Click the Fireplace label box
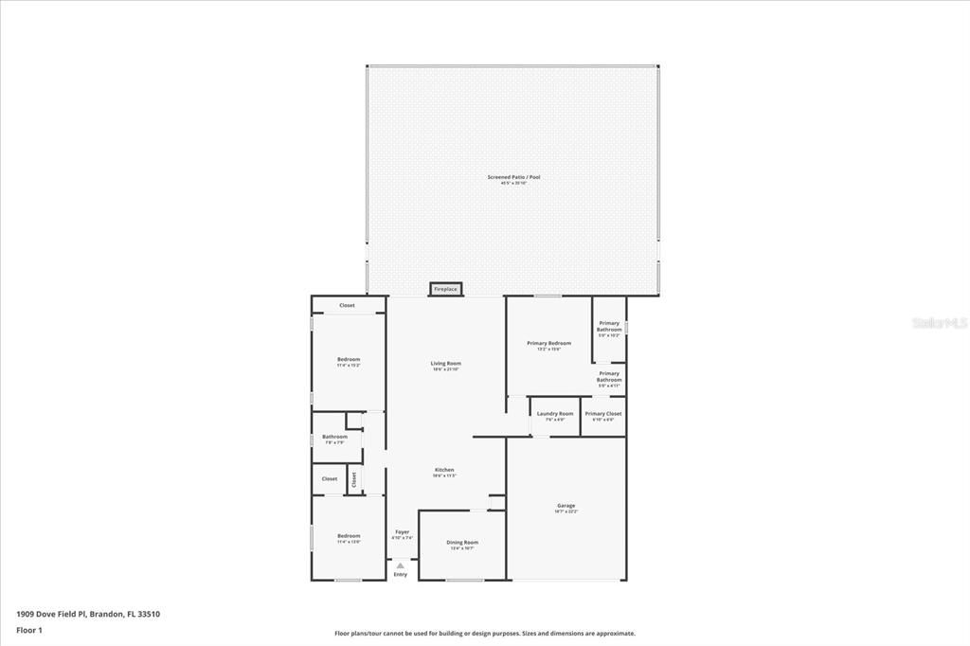(x=445, y=289)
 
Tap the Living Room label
(x=445, y=364)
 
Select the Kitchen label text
(x=444, y=470)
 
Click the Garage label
(x=566, y=506)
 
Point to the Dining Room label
(x=462, y=543)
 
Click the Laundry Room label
(x=555, y=414)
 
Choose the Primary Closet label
(x=603, y=414)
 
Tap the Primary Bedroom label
(x=549, y=343)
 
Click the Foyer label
(x=403, y=532)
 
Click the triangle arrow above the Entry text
(x=401, y=565)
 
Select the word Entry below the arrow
(x=401, y=575)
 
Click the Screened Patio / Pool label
(x=513, y=177)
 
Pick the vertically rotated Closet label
(x=354, y=479)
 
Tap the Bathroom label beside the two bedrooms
(x=335, y=437)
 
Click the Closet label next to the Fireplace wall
(x=348, y=305)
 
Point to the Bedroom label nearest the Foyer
(x=349, y=536)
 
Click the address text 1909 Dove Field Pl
(x=53, y=614)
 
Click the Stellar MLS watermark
(x=939, y=323)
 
